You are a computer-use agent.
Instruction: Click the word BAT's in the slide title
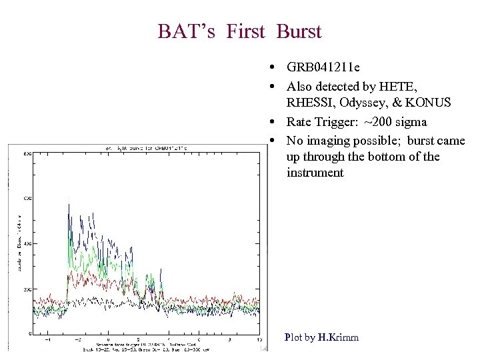click(188, 31)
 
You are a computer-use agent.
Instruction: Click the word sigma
click(411, 122)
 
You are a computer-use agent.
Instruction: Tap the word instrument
click(315, 173)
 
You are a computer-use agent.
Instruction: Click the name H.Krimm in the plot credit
click(338, 337)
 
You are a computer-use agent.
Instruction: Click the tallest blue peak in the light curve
click(69, 205)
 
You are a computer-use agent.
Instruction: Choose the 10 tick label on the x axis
click(259, 339)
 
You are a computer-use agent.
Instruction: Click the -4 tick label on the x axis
click(46, 339)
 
